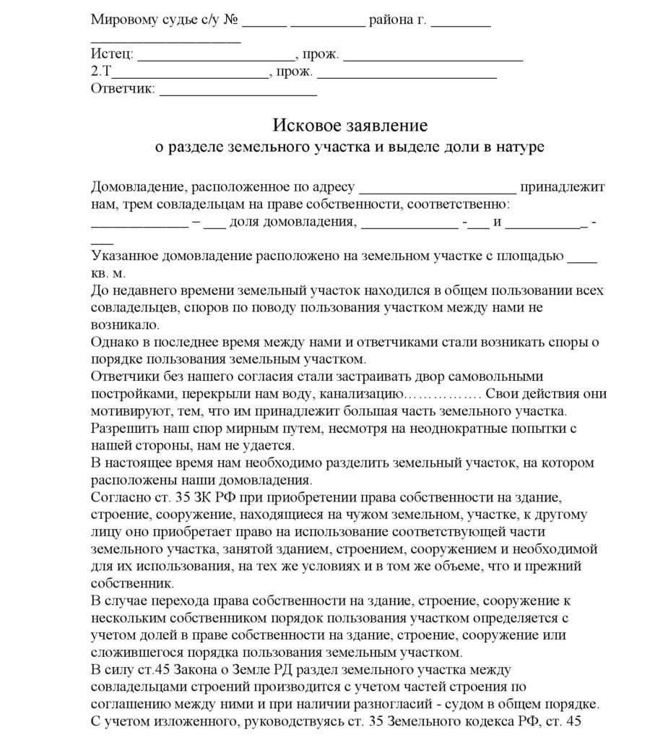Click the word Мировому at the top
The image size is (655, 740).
(x=123, y=20)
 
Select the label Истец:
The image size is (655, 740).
(x=112, y=55)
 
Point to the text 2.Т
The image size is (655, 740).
(x=102, y=72)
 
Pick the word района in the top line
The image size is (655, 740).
(x=391, y=20)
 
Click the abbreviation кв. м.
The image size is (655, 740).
(x=108, y=275)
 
